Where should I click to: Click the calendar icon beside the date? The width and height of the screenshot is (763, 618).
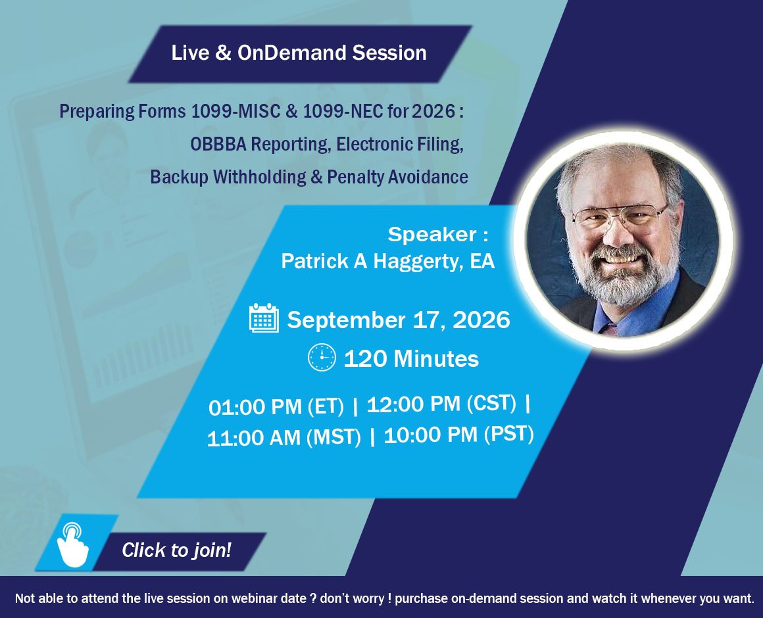pyautogui.click(x=264, y=318)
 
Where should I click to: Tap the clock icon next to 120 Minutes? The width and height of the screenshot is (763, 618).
pyautogui.click(x=322, y=358)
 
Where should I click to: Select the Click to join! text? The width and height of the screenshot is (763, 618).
pyautogui.click(x=176, y=550)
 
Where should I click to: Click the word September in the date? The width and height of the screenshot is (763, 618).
pyautogui.click(x=346, y=320)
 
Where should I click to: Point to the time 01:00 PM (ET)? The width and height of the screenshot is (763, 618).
pyautogui.click(x=276, y=406)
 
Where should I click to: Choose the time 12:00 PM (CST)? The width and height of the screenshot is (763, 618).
pyautogui.click(x=441, y=404)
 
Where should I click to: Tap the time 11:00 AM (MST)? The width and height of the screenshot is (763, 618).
pyautogui.click(x=283, y=437)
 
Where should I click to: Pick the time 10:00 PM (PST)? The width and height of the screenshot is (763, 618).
pyautogui.click(x=458, y=434)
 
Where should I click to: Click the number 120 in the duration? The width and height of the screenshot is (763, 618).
pyautogui.click(x=366, y=359)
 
